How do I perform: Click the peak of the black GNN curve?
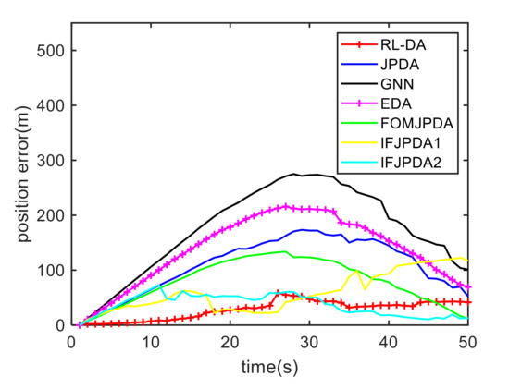coord(294,174)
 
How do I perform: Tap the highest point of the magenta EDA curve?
coord(286,206)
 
